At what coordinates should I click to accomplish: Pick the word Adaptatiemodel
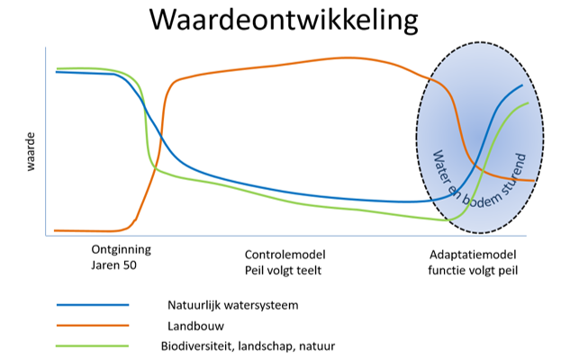tap(474, 253)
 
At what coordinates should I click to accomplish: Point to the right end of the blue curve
tap(522, 85)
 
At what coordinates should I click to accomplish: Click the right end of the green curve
tap(528, 103)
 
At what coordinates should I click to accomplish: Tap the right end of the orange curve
tap(535, 181)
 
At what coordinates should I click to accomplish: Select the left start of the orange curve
tap(56, 230)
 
